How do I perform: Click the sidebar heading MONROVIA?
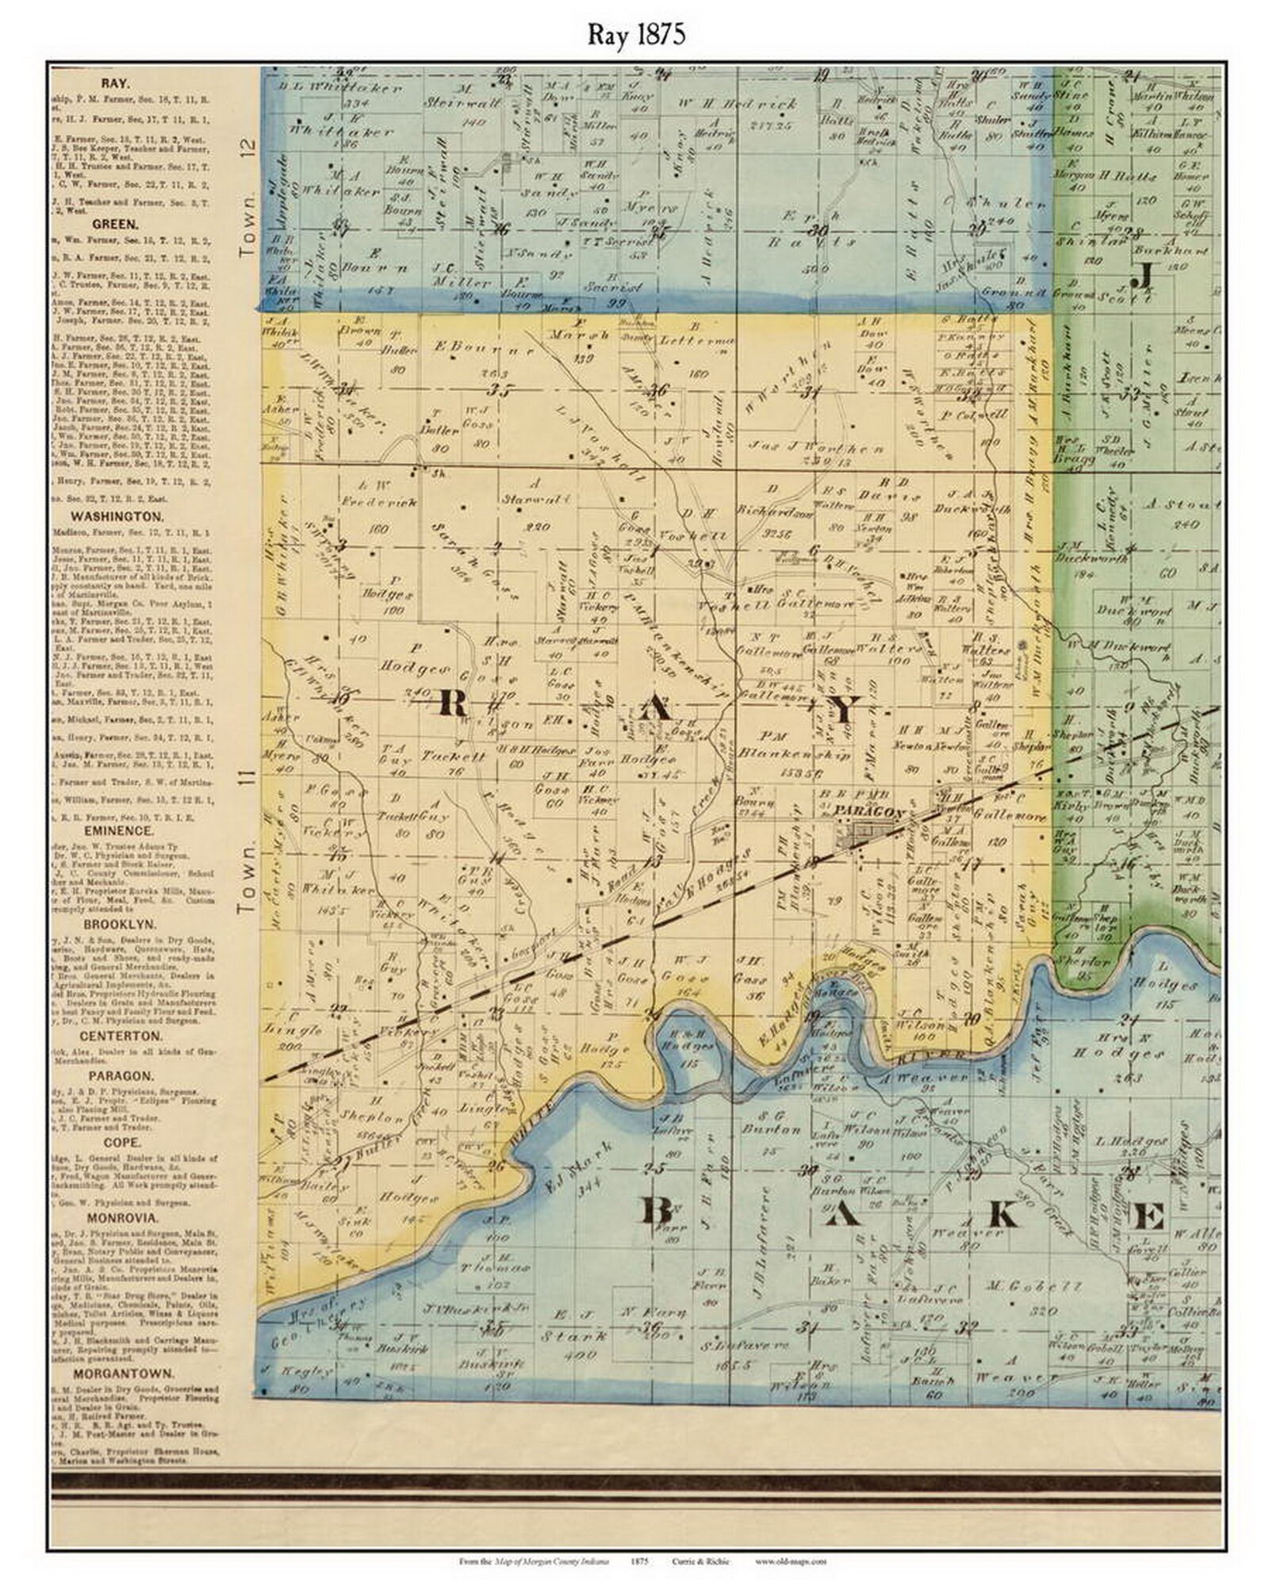tap(125, 1217)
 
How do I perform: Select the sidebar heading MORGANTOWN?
tap(125, 1373)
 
